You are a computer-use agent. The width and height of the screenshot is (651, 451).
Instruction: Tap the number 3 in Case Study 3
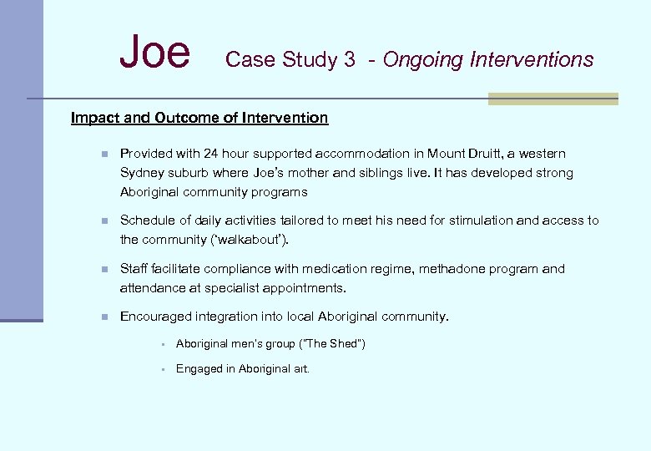click(349, 60)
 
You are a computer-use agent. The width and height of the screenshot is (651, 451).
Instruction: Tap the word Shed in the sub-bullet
click(346, 344)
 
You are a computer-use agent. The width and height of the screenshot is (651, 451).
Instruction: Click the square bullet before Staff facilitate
click(103, 270)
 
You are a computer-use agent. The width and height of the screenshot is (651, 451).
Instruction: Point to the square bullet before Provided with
click(103, 155)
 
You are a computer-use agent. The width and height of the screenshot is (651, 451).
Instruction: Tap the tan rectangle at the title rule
click(553, 99)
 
